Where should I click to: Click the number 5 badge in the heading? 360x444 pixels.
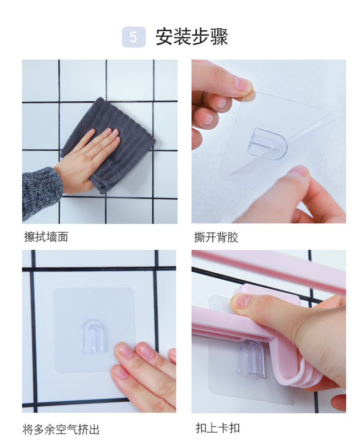point(134,37)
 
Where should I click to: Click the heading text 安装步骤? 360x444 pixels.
point(192,37)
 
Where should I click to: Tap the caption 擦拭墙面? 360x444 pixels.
point(46,237)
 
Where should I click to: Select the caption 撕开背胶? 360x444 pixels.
point(216,237)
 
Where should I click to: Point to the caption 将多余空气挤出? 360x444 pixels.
point(61,429)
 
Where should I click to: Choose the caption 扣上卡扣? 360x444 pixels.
point(217,428)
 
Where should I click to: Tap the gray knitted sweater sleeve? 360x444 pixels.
point(42,193)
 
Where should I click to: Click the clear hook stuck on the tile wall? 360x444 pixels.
point(93,336)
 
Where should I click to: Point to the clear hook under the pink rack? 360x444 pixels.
point(252,360)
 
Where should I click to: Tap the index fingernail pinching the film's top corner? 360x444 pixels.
point(243,84)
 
